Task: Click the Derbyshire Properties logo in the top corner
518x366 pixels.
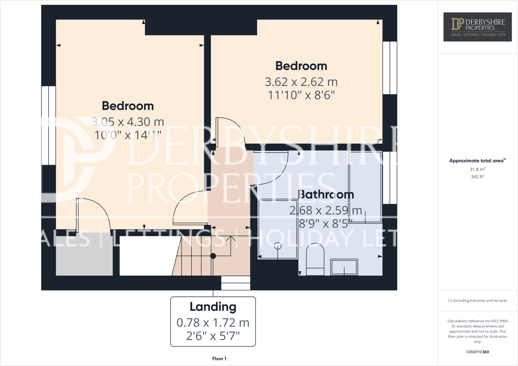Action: [477, 27]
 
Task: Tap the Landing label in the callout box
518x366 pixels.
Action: [213, 307]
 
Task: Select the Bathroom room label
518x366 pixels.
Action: [326, 194]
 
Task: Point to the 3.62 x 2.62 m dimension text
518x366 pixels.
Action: [301, 82]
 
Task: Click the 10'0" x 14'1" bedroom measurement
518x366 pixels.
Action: [128, 135]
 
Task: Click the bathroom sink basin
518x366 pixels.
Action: [344, 267]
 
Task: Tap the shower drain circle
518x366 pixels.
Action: [278, 246]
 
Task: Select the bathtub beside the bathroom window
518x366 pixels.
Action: [365, 187]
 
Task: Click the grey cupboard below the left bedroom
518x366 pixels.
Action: [84, 254]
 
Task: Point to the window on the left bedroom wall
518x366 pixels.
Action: [49, 125]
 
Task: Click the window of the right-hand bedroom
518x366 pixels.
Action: [390, 68]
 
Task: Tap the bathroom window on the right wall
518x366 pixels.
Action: [390, 178]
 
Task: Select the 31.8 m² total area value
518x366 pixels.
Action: [477, 169]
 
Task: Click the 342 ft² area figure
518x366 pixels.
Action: [477, 177]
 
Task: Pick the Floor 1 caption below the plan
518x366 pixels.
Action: [219, 359]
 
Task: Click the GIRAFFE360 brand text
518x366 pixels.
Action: [477, 352]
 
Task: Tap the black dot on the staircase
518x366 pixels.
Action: [213, 256]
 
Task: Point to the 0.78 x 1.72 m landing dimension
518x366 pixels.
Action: [213, 322]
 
